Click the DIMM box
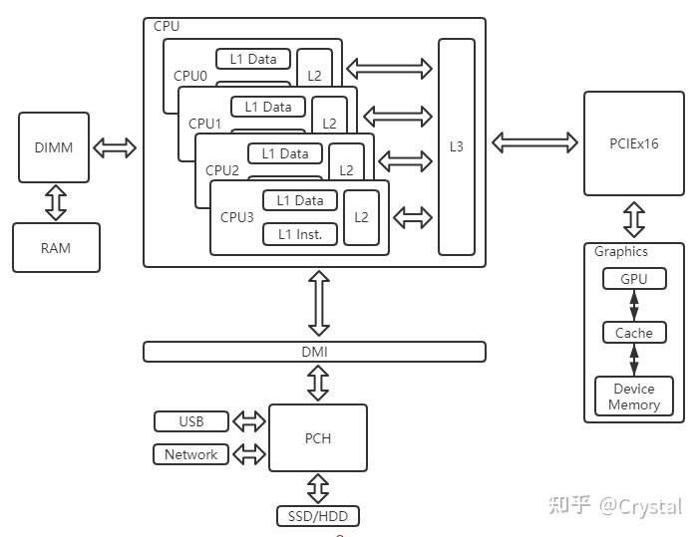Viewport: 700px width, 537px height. [54, 147]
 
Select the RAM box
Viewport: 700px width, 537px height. [56, 247]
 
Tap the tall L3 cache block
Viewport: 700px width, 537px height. [457, 146]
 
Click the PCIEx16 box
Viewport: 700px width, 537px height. [633, 143]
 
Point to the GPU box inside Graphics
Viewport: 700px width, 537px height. [633, 279]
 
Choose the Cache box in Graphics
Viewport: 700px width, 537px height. [633, 333]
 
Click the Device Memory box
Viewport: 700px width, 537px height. [633, 397]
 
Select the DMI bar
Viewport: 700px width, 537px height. [314, 352]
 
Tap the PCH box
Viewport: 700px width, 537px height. [318, 438]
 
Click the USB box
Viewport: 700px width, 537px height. [191, 421]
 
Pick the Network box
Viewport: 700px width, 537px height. [190, 454]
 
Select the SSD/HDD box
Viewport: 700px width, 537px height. [317, 516]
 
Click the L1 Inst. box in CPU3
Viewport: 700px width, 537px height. [300, 234]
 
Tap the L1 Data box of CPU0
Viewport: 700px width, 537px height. [253, 59]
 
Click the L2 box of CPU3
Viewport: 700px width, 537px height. [361, 217]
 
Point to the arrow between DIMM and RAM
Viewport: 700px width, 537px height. [56, 202]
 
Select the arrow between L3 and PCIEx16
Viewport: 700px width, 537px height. [533, 143]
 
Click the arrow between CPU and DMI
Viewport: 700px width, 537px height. [318, 304]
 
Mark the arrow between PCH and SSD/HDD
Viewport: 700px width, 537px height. [318, 489]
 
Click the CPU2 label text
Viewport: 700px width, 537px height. [222, 170]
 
